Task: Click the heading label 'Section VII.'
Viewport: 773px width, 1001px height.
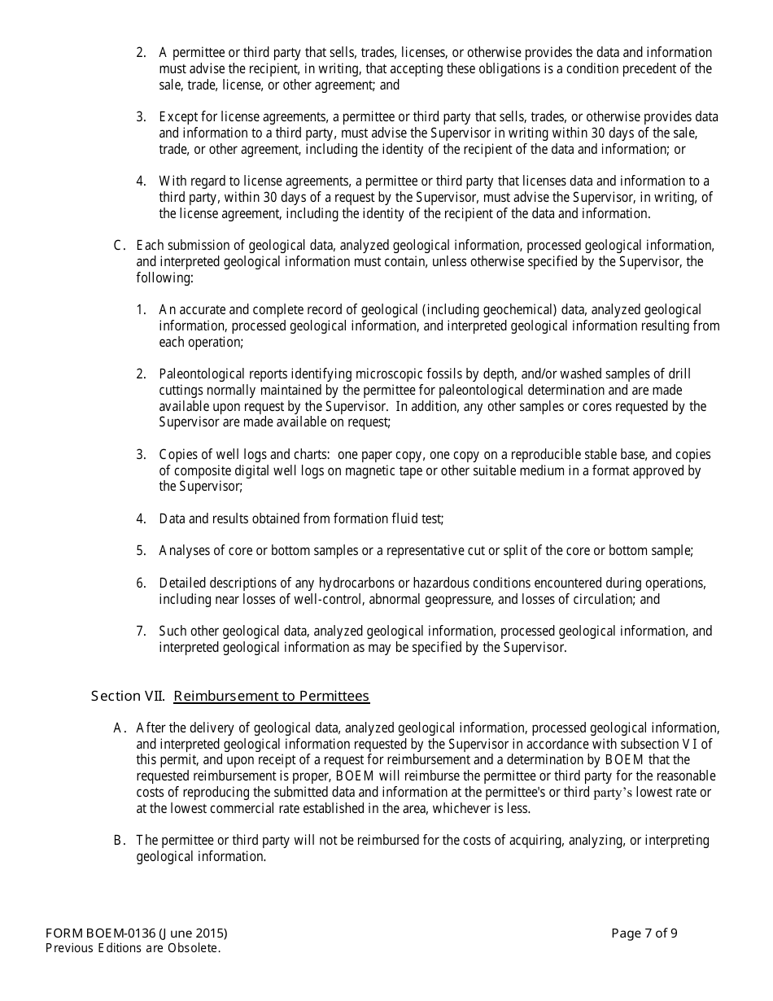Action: click(x=129, y=696)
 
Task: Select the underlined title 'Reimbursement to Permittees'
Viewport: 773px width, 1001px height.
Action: click(x=272, y=696)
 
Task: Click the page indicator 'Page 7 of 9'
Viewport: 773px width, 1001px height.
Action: click(x=644, y=933)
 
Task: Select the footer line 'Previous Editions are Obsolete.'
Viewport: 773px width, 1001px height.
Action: click(x=133, y=948)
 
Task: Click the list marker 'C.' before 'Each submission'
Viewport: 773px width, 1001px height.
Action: click(x=120, y=245)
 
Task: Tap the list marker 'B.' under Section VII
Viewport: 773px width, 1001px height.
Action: click(x=120, y=840)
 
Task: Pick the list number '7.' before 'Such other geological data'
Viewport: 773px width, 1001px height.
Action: click(x=141, y=631)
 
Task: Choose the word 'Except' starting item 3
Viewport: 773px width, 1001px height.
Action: click(x=177, y=116)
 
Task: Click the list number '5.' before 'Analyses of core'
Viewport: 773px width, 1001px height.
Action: click(x=141, y=550)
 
